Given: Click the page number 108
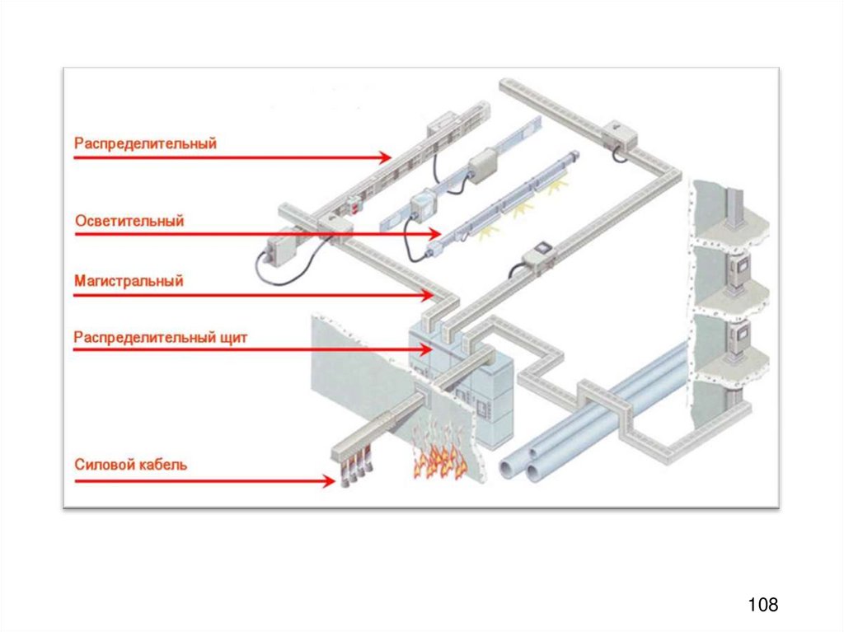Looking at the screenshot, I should (x=762, y=605).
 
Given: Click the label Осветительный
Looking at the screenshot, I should (x=129, y=221).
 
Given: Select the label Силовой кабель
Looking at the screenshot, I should (x=131, y=465).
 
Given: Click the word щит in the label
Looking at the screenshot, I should (x=234, y=337).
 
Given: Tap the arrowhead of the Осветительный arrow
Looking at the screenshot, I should (x=434, y=235).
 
